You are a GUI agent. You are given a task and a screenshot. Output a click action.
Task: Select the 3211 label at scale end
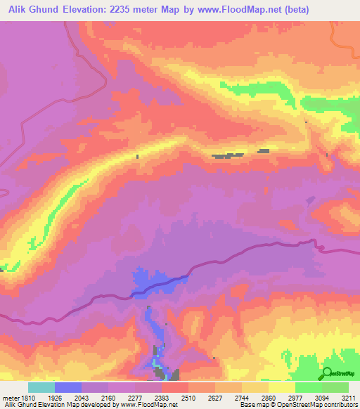[349, 398]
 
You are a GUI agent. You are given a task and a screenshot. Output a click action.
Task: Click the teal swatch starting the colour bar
[41, 387]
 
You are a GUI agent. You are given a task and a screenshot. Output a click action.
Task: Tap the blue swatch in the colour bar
[67, 387]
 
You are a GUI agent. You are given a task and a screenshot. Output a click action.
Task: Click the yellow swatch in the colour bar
[281, 387]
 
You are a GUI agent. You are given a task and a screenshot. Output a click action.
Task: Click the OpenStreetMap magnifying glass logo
[327, 372]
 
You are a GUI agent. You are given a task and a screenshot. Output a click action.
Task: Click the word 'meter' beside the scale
[11, 398]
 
